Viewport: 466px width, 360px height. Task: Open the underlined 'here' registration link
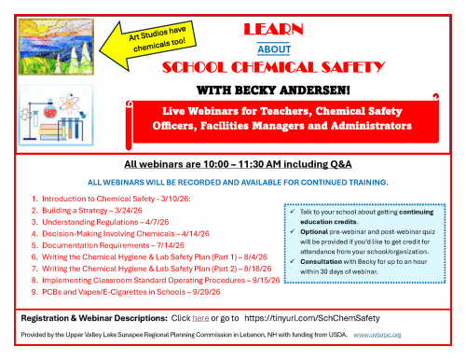[x=199, y=328]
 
